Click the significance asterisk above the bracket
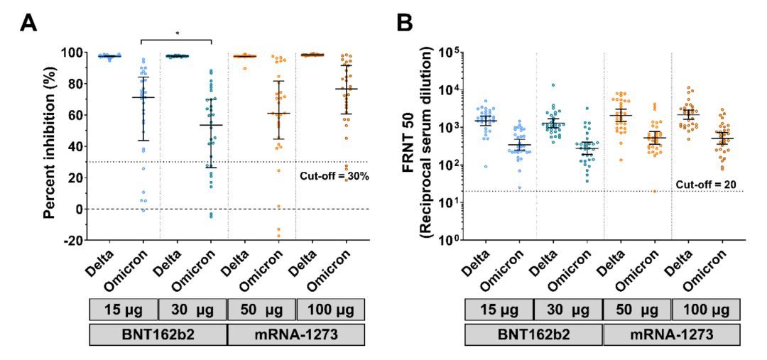click(178, 33)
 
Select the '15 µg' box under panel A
click(124, 310)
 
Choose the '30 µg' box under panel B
click(567, 310)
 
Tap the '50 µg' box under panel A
click(261, 310)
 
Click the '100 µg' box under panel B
click(706, 310)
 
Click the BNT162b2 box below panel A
click(158, 334)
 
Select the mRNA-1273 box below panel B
click(671, 334)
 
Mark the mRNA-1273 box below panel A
click(295, 334)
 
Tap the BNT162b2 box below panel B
click(533, 334)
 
